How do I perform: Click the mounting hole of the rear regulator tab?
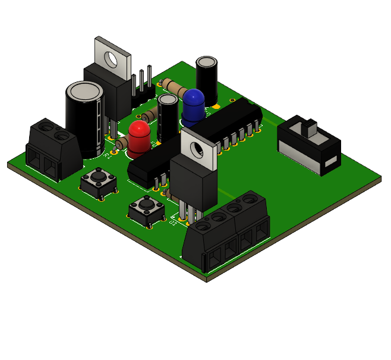click(111, 58)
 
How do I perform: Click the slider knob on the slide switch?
click(310, 127)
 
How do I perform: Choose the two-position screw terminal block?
click(53, 149)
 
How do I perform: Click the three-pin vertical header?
click(143, 83)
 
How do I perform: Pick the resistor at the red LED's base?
click(122, 143)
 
